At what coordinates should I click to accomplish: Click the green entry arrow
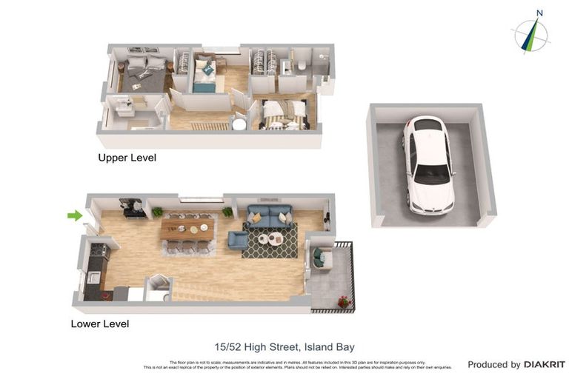pyautogui.click(x=75, y=215)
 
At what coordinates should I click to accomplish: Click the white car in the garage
pyautogui.click(x=427, y=165)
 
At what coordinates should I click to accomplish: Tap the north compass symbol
pyautogui.click(x=531, y=36)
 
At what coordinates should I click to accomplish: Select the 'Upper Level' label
pyautogui.click(x=127, y=158)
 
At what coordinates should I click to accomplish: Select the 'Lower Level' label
pyautogui.click(x=99, y=323)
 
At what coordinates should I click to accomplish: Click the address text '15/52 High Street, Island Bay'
pyautogui.click(x=284, y=346)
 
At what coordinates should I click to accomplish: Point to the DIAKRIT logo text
pyautogui.click(x=544, y=364)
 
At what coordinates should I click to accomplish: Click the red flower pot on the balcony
pyautogui.click(x=342, y=301)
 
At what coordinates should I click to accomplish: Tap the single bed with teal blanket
pyautogui.click(x=204, y=76)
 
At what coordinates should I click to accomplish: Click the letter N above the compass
pyautogui.click(x=539, y=13)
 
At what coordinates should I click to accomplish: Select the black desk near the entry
pyautogui.click(x=133, y=209)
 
